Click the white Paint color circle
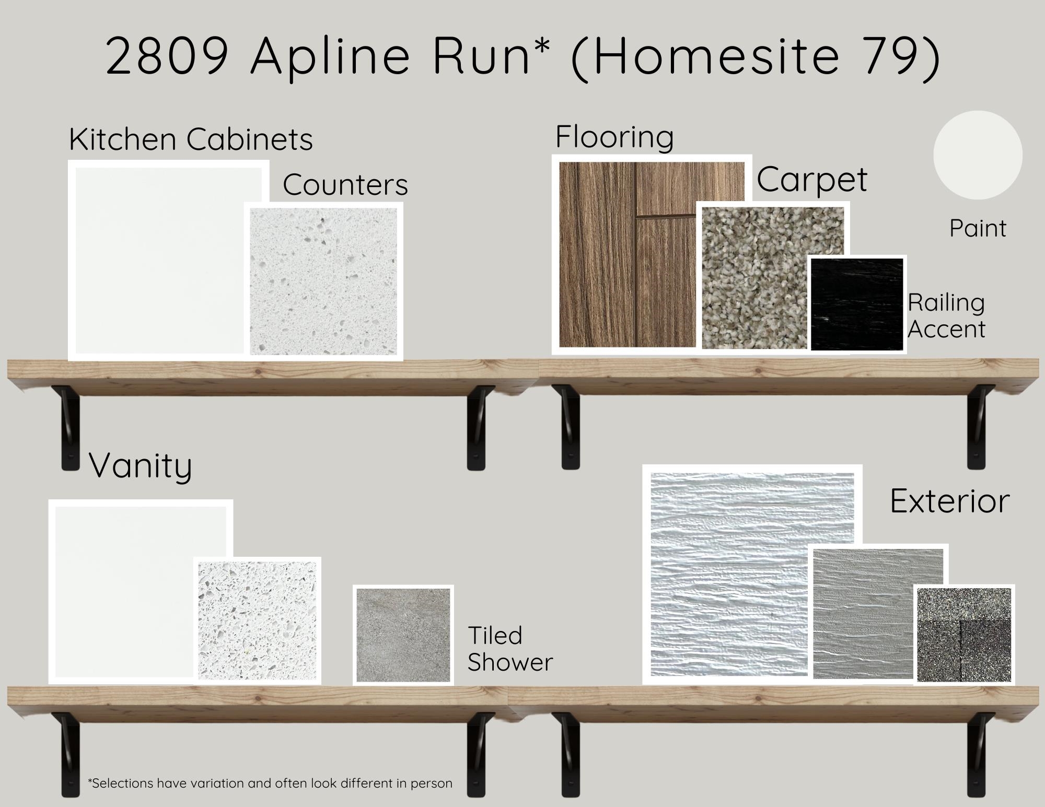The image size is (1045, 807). (978, 155)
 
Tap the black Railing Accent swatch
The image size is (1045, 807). (857, 304)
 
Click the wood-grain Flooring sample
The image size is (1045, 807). (627, 254)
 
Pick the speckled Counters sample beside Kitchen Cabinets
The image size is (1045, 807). (323, 282)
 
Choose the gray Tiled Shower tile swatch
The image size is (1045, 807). (403, 635)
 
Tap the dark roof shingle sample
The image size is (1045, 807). (964, 634)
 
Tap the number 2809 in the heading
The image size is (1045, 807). (167, 55)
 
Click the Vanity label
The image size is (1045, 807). (141, 465)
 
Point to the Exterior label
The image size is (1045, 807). (949, 501)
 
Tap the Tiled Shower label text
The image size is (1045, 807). (510, 649)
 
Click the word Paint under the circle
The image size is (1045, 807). (978, 228)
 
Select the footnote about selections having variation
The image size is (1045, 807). (270, 783)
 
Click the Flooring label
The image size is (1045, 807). (614, 137)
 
